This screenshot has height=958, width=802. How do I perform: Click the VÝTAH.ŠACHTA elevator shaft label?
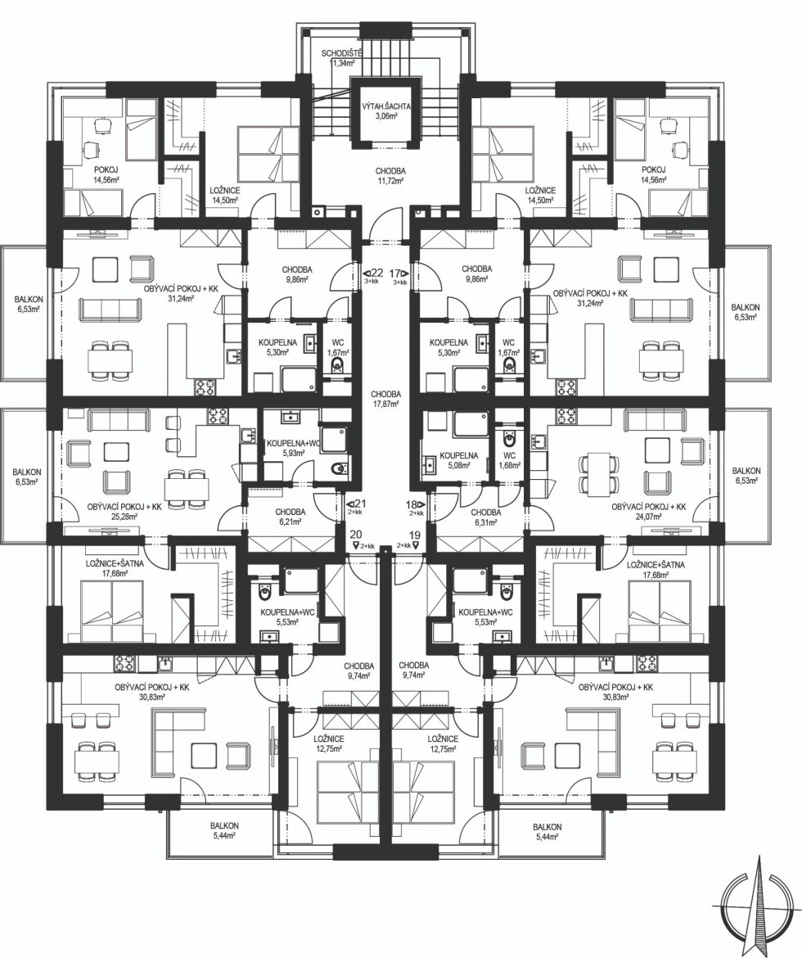point(385,110)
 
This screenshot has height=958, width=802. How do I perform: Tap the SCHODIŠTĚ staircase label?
point(342,58)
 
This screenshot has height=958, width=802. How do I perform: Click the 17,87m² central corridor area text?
point(386,404)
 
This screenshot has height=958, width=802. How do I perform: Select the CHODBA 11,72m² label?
point(391,176)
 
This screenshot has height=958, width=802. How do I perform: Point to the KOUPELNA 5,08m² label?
point(459,459)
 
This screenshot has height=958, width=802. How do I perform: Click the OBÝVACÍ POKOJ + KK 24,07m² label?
point(649,512)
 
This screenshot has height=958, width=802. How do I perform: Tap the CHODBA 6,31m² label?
point(486,517)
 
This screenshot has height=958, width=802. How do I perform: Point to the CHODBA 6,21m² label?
point(291,517)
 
